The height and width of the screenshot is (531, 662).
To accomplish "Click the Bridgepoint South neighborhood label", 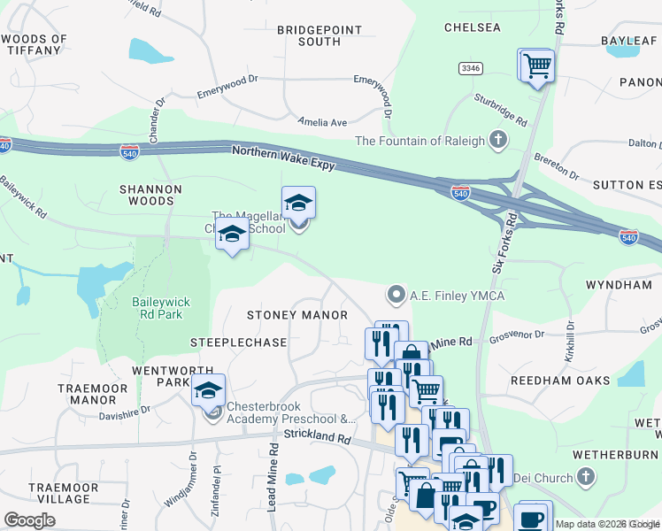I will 319,35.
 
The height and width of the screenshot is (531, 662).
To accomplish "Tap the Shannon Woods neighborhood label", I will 151,195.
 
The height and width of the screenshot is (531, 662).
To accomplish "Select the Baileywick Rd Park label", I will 161,307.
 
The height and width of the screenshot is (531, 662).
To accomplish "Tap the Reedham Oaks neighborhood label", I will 560,381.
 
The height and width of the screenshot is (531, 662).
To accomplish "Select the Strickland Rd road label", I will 318,435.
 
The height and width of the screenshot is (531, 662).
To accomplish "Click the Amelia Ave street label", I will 322,123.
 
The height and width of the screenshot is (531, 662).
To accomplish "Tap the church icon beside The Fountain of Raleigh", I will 499,140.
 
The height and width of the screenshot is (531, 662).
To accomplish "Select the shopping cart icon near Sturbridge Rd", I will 536,65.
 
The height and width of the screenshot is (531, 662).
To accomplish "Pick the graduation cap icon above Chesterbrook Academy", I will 208,389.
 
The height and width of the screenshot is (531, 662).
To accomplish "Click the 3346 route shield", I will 470,68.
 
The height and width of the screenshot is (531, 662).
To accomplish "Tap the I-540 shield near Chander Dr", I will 129,151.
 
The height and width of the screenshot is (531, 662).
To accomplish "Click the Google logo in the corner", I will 29,520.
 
